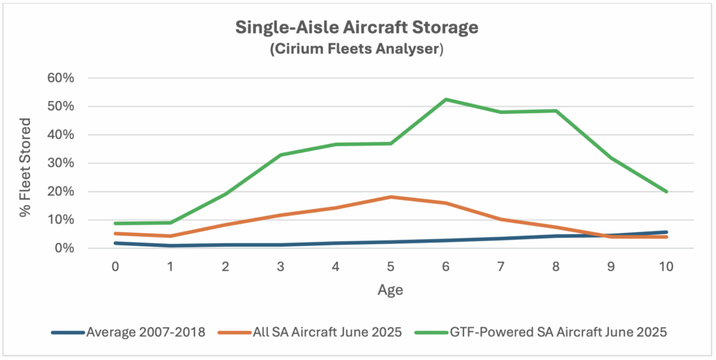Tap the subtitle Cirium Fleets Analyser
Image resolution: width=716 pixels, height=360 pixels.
click(357, 50)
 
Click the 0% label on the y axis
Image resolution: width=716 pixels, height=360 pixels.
click(64, 248)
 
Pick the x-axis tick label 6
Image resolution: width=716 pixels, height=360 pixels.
click(445, 268)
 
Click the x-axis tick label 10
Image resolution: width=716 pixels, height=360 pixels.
click(666, 268)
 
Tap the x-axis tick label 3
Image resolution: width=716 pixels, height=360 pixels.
click(280, 268)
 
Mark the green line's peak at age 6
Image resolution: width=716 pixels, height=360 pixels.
click(445, 99)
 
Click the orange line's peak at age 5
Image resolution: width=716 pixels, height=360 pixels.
click(390, 197)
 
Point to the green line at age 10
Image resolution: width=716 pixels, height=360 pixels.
click(666, 192)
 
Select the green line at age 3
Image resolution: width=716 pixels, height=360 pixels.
click(280, 155)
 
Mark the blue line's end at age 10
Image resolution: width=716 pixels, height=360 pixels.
click(666, 232)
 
